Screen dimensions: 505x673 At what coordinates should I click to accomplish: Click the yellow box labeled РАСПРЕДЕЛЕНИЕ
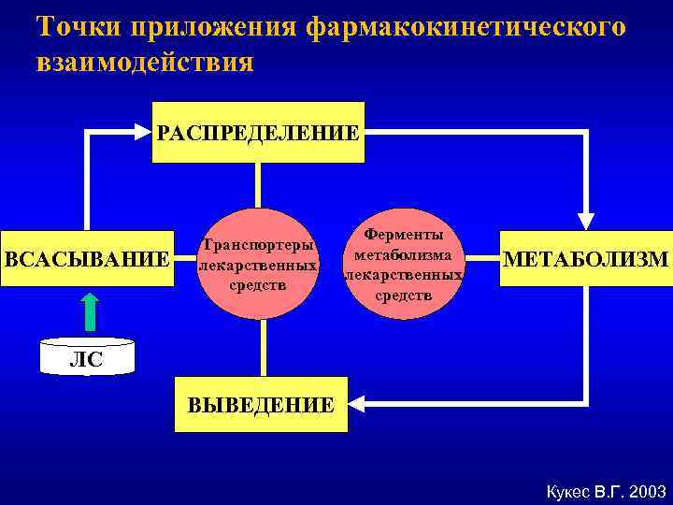pos(257,132)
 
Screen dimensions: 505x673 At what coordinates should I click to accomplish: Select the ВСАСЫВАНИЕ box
pos(87,258)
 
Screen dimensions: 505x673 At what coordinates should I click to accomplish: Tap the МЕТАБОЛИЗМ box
pos(586,258)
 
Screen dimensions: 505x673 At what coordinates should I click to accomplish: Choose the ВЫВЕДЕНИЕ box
pos(261,404)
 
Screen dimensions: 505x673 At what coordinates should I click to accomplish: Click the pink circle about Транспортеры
pos(257,264)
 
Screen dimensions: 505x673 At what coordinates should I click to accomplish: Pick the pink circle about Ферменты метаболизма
pos(404,264)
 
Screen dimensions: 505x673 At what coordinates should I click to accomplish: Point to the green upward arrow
pos(89,310)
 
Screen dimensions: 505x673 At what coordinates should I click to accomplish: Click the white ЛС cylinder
pos(88,356)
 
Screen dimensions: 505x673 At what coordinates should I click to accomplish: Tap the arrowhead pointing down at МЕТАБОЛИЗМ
pos(586,218)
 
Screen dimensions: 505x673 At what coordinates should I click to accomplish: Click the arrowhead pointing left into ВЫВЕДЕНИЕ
pos(358,403)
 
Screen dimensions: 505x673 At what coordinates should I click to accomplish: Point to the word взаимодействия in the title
pos(145,63)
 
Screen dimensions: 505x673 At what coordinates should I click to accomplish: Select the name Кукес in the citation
pos(565,491)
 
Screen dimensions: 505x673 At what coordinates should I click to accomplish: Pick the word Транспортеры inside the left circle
pos(257,245)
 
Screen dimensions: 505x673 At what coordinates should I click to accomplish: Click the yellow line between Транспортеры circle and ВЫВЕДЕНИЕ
pos(264,348)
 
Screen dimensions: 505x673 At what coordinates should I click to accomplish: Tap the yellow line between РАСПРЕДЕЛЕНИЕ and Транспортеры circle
pos(257,185)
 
